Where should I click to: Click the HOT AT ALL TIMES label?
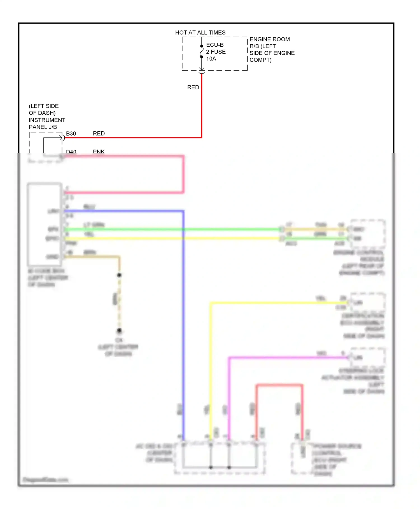200,33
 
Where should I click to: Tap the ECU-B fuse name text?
215,45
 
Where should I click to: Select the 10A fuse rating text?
211,59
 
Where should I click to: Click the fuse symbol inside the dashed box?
201,52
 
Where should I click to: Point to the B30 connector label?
71,134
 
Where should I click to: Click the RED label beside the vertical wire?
193,87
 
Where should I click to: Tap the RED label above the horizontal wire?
99,134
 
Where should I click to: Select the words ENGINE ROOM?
269,39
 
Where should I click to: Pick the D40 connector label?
71,152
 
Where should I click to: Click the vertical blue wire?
183,323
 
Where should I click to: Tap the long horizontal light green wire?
168,229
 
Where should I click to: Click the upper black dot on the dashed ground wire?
119,275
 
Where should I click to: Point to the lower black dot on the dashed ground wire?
119,331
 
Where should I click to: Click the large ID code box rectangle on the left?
44,224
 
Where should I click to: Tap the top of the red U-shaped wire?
279,385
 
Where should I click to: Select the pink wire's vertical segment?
183,174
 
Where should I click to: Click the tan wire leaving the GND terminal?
92,256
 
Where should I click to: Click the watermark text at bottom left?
45,480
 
